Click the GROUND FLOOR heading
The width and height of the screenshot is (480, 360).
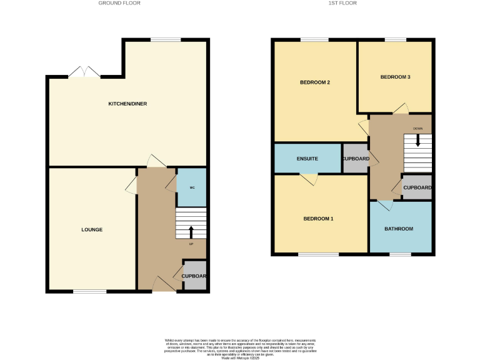pyautogui.click(x=119, y=3)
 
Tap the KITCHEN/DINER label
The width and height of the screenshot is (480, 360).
pyautogui.click(x=127, y=104)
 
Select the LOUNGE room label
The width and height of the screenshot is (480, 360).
pyautogui.click(x=92, y=230)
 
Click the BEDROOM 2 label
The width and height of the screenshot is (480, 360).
pyautogui.click(x=314, y=82)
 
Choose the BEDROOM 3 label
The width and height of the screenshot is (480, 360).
pyautogui.click(x=395, y=77)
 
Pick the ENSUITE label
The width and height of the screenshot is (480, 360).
pyautogui.click(x=307, y=159)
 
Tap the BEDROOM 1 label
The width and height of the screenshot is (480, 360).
pyautogui.click(x=318, y=219)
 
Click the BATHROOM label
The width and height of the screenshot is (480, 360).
pyautogui.click(x=399, y=229)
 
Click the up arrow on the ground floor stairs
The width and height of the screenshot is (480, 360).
pyautogui.click(x=191, y=232)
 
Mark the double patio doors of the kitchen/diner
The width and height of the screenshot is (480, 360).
pyautogui.click(x=84, y=73)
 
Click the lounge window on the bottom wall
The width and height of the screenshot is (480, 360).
pyautogui.click(x=89, y=291)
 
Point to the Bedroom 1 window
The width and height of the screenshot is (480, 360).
pyautogui.click(x=318, y=254)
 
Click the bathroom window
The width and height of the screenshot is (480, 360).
pyautogui.click(x=400, y=254)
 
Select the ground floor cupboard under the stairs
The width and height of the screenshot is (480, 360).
pyautogui.click(x=194, y=276)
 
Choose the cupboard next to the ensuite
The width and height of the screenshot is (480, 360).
pyautogui.click(x=355, y=159)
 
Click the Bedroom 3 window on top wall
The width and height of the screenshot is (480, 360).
pyautogui.click(x=395, y=40)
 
